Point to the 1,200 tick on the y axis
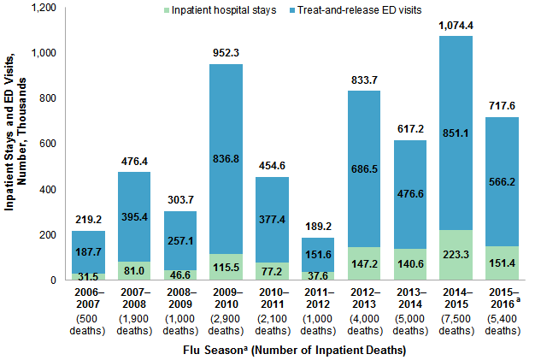tap(41, 8)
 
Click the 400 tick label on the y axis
tap(47, 189)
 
